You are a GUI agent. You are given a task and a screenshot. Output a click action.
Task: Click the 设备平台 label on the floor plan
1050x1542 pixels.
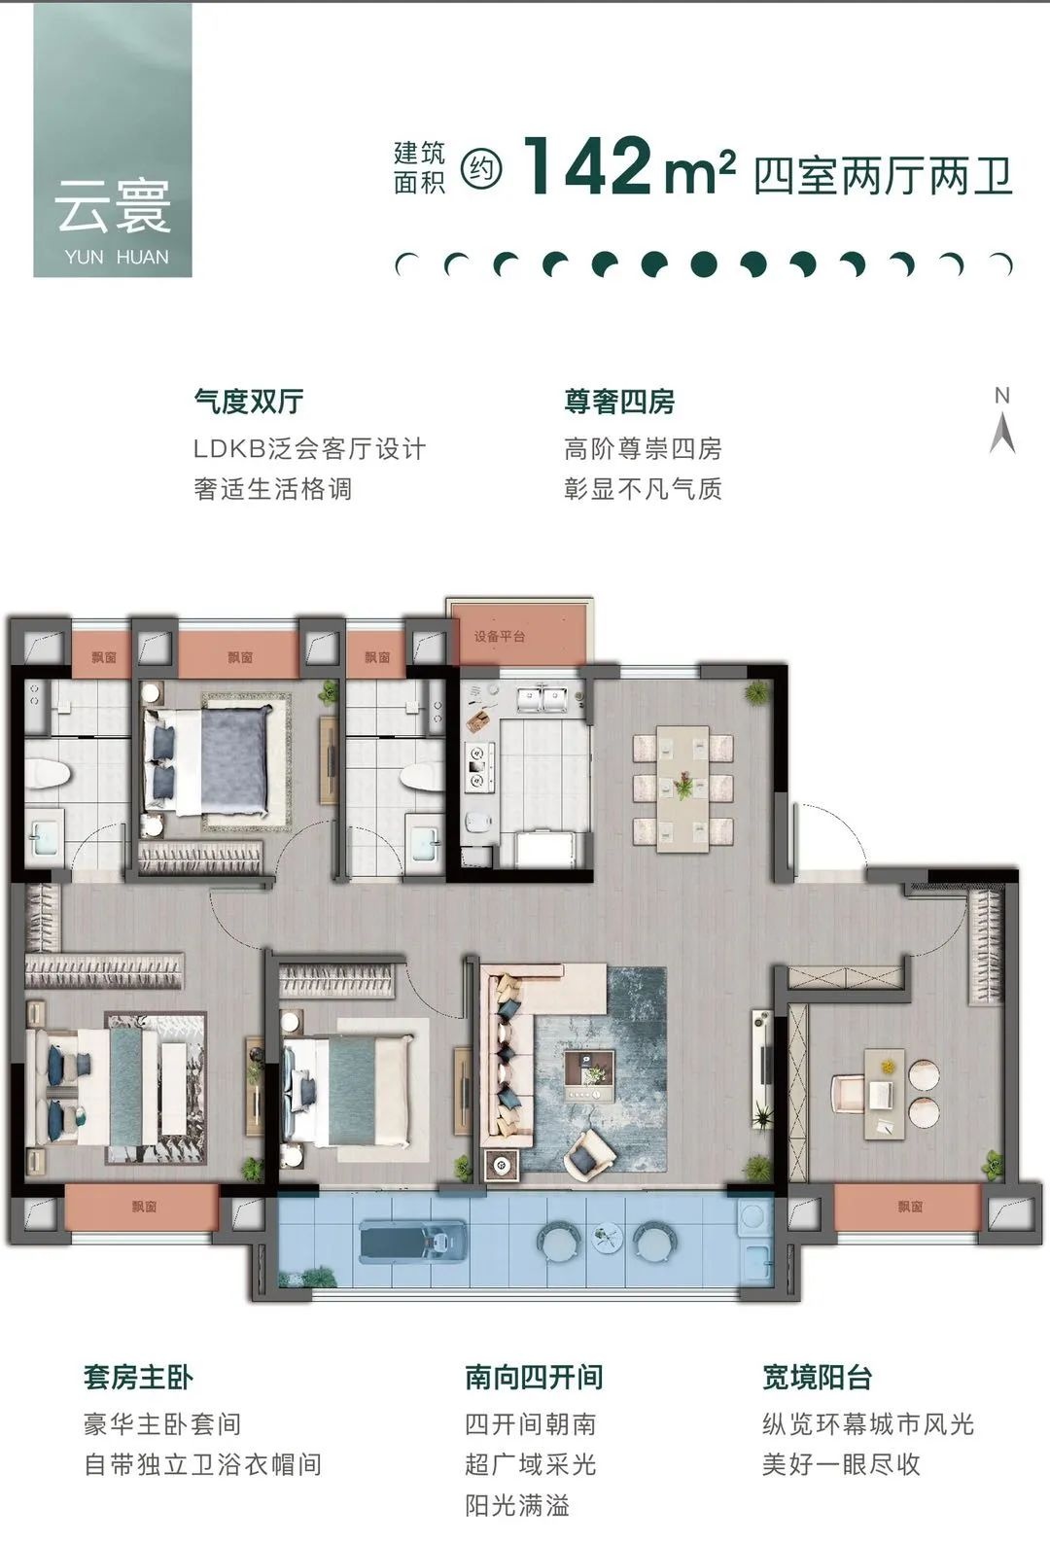click(x=499, y=637)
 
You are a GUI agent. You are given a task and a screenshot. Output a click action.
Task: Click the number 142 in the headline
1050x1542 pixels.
click(x=587, y=166)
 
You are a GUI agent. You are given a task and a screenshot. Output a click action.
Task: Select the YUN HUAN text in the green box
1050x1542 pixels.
click(x=117, y=258)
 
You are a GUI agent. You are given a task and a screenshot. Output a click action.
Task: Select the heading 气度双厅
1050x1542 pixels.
click(x=249, y=402)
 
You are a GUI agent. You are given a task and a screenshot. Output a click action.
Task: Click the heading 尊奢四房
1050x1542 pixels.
click(x=619, y=402)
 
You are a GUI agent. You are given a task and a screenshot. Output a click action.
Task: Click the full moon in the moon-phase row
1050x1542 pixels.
click(x=704, y=264)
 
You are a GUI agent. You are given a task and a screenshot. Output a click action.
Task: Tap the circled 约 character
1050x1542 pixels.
click(x=481, y=167)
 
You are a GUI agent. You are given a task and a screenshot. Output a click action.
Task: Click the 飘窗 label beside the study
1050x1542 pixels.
click(x=910, y=1206)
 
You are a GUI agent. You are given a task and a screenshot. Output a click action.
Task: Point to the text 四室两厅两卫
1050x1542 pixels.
click(x=884, y=176)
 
